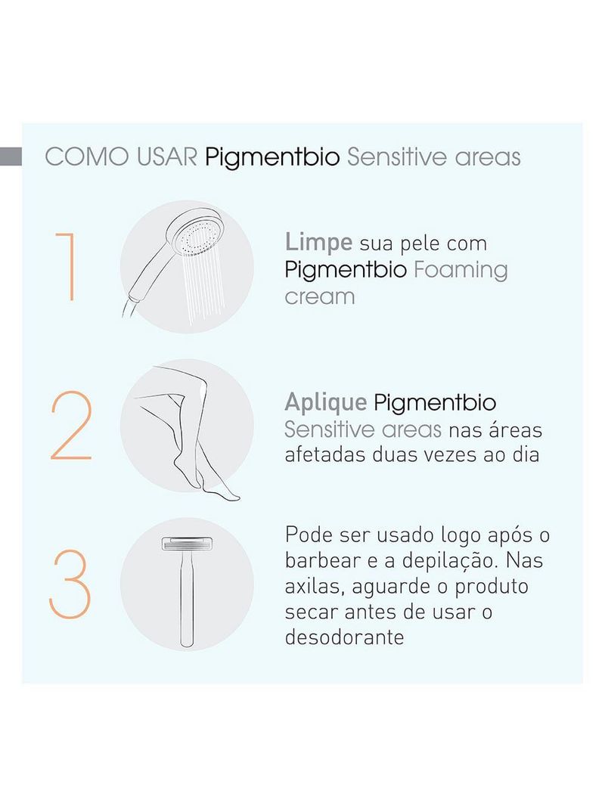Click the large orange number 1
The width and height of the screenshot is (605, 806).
(x=67, y=267)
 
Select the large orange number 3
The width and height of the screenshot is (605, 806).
(x=70, y=584)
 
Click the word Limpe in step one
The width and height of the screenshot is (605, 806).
(x=318, y=243)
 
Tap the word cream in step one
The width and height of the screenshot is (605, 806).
(x=319, y=296)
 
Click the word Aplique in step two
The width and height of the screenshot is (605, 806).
(x=325, y=403)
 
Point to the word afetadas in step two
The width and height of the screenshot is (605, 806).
(x=325, y=455)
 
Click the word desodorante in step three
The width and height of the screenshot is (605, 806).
(x=344, y=637)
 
